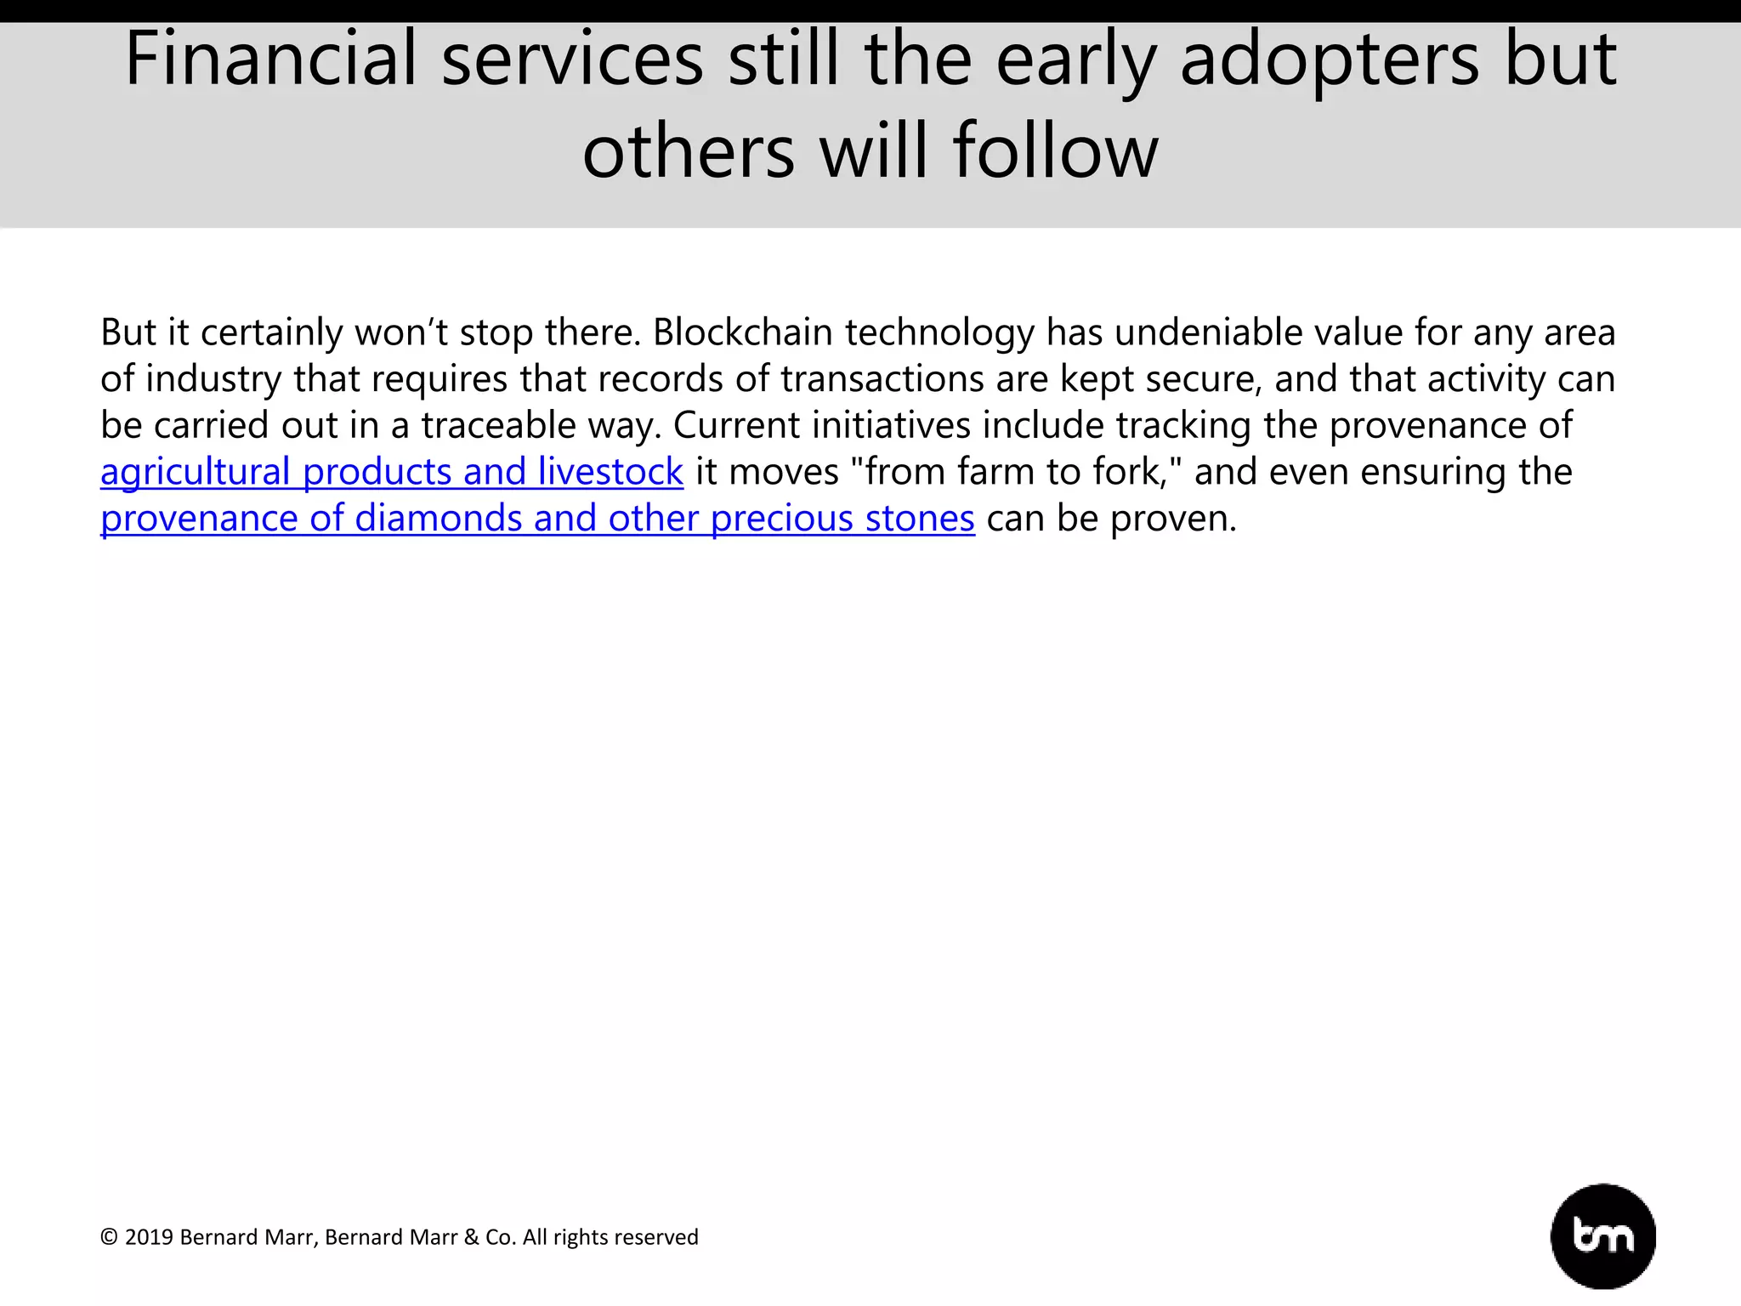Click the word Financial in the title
coord(270,60)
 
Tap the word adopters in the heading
coord(1330,60)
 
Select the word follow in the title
coord(1055,151)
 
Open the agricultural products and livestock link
coord(391,472)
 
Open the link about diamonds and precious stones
coord(537,519)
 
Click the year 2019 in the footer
coord(149,1237)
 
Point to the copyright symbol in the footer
coord(109,1237)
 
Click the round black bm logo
coord(1603,1236)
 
